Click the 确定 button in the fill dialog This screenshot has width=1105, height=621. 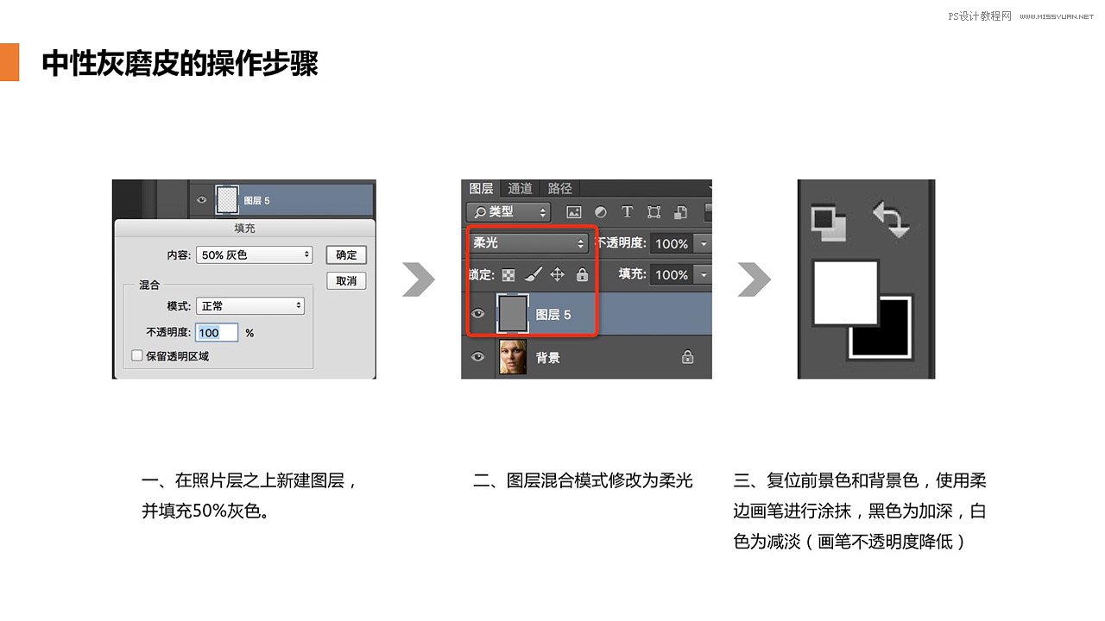tap(346, 255)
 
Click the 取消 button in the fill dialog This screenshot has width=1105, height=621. tap(346, 281)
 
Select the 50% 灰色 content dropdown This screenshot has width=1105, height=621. tap(255, 255)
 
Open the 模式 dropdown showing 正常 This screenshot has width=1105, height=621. tap(250, 306)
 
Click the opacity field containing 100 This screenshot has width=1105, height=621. tap(216, 333)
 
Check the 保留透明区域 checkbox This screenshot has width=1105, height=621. tap(136, 355)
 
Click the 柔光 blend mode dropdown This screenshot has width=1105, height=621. tap(528, 244)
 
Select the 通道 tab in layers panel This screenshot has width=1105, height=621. tap(520, 189)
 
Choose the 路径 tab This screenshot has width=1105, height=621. tap(559, 189)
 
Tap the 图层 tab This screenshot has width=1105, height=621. tap(481, 189)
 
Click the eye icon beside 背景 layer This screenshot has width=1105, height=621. tap(477, 357)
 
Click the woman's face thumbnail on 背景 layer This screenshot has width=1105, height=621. tap(513, 357)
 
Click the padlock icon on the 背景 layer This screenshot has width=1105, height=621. tap(687, 357)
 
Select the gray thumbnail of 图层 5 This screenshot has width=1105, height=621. tap(513, 315)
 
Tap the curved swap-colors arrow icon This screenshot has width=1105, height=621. tap(891, 220)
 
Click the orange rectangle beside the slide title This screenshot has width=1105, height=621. tap(9, 62)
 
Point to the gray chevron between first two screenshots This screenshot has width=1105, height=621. tap(419, 279)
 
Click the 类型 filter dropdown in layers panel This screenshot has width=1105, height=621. tap(508, 212)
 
